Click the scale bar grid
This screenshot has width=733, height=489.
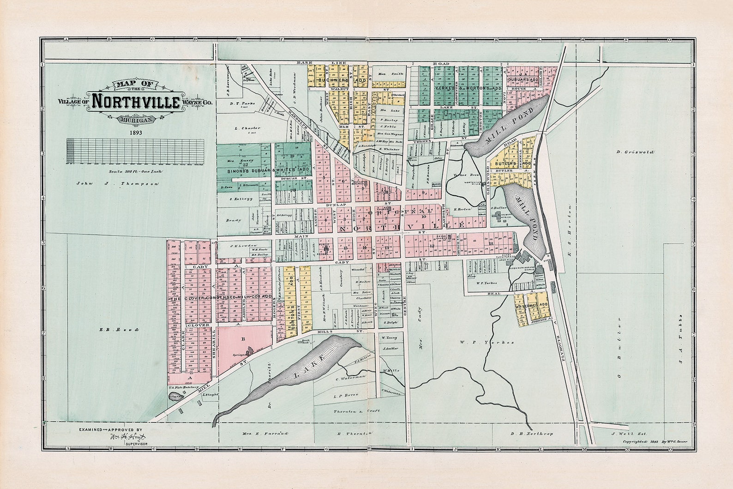[135, 151]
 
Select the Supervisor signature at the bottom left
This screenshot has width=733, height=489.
[127, 437]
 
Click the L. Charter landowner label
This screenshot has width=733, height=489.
[247, 128]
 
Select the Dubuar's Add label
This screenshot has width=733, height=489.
[522, 79]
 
